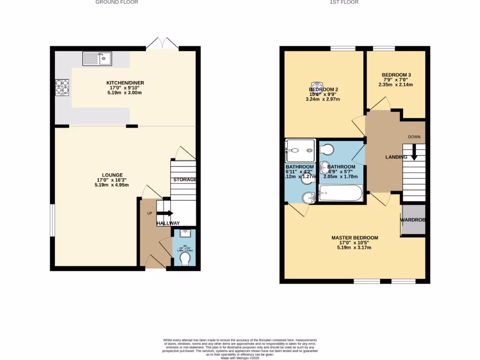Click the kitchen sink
coord(97,59)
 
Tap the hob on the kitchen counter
coord(62,87)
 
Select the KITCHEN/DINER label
coord(125,83)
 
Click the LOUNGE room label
coord(112,175)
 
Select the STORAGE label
coord(185,180)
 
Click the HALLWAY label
coord(168,224)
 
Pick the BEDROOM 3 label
coord(396,75)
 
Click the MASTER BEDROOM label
coord(354,238)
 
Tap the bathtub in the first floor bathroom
coord(340,193)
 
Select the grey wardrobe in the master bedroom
coord(413,220)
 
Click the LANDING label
coord(396,157)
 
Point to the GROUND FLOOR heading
coord(117,2)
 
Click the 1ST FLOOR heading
coord(344,2)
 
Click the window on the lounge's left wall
coord(52,220)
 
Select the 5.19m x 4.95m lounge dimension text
coord(112,185)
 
